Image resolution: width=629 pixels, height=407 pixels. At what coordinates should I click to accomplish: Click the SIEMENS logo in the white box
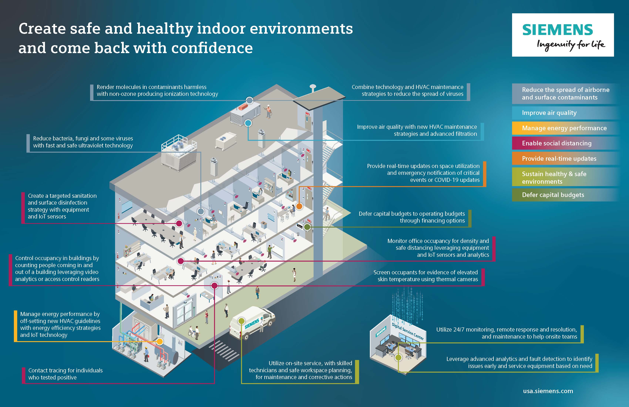(558, 30)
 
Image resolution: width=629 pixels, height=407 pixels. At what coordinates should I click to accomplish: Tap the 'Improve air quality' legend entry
(549, 113)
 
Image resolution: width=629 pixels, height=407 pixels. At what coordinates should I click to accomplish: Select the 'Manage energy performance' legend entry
(564, 128)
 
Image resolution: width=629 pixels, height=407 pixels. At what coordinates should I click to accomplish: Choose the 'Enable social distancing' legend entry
(557, 143)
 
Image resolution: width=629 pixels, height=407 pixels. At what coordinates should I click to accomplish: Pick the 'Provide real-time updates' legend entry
(559, 159)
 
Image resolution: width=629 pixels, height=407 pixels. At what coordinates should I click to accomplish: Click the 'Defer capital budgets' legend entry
(553, 195)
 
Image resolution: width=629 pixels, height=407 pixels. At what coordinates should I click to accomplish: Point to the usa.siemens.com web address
(548, 391)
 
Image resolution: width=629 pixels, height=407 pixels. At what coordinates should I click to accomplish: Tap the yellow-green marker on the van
(241, 321)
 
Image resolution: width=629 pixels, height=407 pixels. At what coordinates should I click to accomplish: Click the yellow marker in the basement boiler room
(160, 342)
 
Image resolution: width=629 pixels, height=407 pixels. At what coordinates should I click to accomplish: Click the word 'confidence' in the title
(212, 48)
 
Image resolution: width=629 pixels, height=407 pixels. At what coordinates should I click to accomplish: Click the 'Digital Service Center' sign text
(408, 331)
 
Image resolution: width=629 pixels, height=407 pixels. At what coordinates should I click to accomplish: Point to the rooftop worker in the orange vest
(268, 111)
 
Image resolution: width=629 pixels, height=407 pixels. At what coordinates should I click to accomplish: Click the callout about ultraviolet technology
(83, 142)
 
